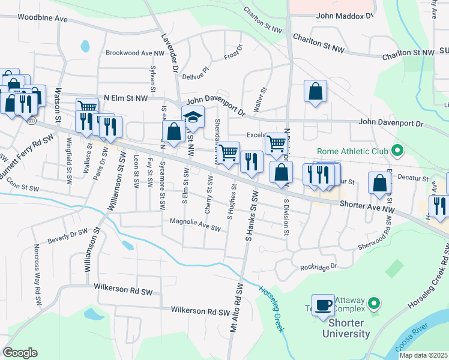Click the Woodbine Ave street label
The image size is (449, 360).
(x=42, y=19)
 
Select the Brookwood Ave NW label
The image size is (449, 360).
(x=134, y=53)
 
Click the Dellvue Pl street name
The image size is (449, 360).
(x=195, y=77)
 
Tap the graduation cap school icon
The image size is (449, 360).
(x=193, y=116)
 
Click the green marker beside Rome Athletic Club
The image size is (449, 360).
(x=397, y=150)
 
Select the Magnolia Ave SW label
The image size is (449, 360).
(x=196, y=226)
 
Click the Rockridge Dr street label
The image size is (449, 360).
(x=319, y=266)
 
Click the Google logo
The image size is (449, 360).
(x=20, y=352)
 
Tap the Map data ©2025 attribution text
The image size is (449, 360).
(x=423, y=355)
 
